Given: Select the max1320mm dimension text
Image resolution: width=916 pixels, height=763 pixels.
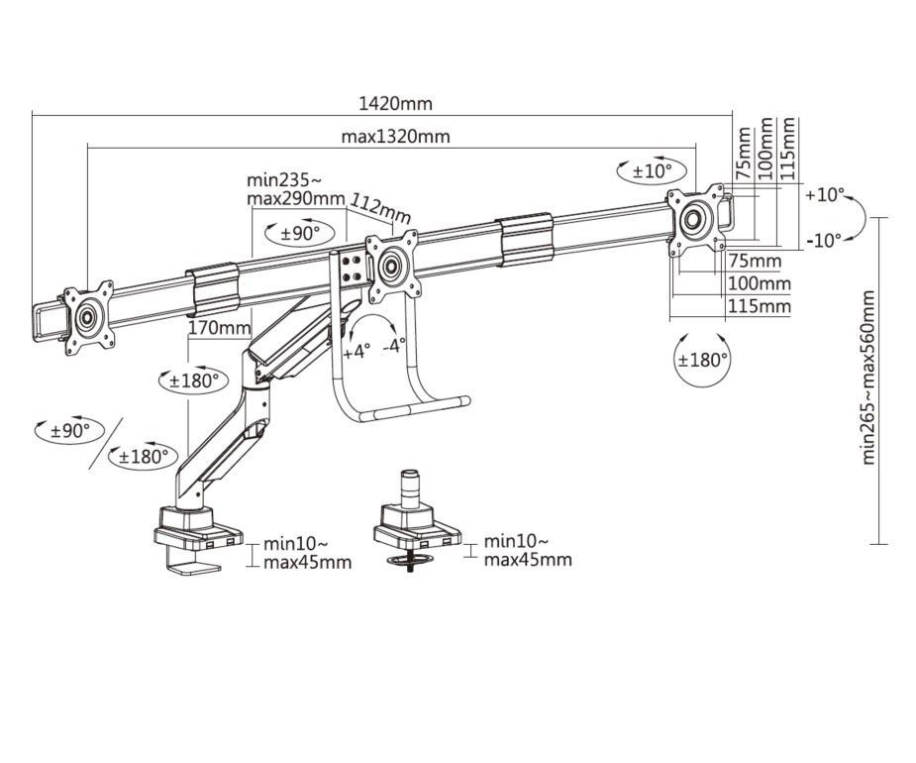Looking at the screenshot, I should [x=395, y=137].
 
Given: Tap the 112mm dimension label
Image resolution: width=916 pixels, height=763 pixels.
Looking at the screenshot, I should [x=380, y=209].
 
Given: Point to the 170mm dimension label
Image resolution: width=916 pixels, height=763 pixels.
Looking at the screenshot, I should [x=217, y=328].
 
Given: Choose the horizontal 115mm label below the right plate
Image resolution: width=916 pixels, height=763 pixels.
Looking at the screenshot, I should [x=760, y=306].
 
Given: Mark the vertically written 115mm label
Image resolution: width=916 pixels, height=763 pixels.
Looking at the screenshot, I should [x=788, y=149].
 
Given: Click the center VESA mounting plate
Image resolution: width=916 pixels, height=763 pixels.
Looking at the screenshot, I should [x=392, y=265].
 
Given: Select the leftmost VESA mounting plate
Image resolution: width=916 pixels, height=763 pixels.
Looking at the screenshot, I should [x=87, y=316].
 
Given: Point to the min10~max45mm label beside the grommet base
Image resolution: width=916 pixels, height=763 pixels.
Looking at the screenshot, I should [x=526, y=551].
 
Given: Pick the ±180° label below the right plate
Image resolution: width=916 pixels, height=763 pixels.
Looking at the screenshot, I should [x=702, y=360].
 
